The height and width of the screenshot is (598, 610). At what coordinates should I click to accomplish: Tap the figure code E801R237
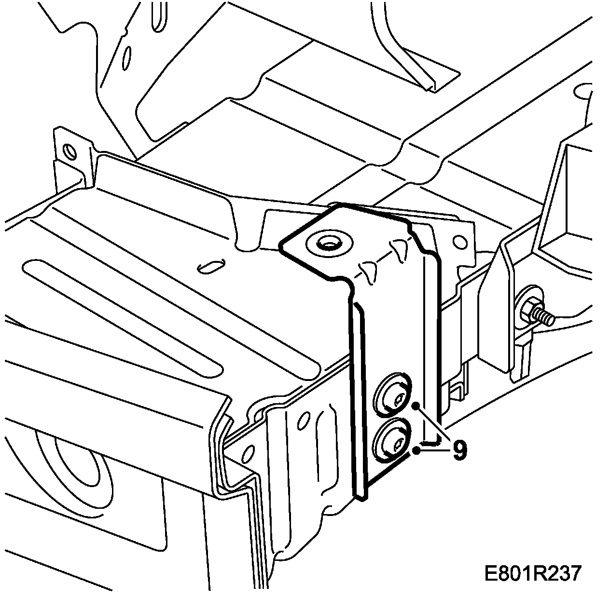pyautogui.click(x=533, y=574)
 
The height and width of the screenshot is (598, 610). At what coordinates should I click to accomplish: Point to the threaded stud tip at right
pyautogui.click(x=548, y=318)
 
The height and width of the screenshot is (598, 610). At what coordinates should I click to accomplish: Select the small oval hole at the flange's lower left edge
pyautogui.click(x=249, y=453)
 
